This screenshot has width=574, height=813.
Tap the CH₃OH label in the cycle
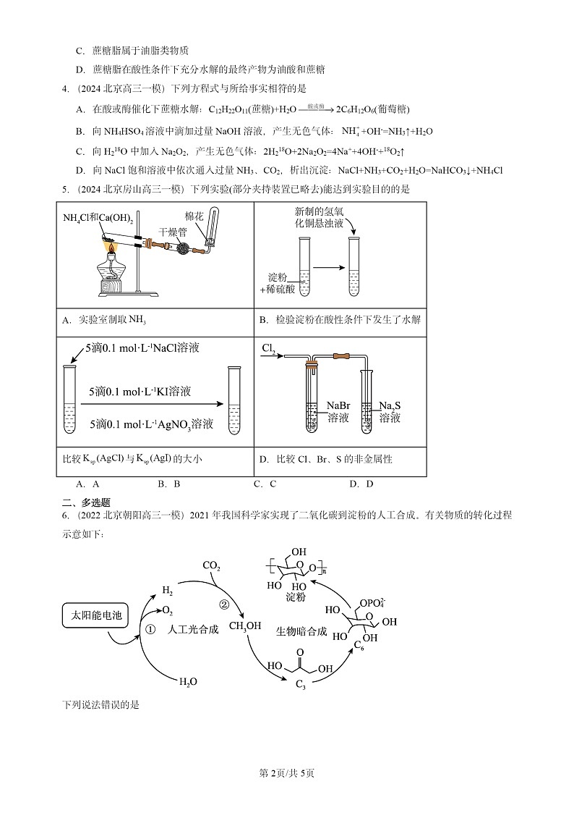(245, 626)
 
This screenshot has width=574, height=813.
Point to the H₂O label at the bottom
(188, 682)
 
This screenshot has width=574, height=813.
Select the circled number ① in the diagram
(150, 630)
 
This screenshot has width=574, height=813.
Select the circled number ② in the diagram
(224, 605)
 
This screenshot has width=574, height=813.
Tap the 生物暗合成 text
(301, 631)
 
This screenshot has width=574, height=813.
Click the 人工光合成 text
(192, 630)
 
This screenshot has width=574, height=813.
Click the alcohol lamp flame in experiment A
(112, 248)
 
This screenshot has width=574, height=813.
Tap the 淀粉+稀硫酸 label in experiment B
(281, 284)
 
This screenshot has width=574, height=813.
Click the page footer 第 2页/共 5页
(287, 773)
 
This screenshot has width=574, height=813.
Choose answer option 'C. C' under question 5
(265, 484)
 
